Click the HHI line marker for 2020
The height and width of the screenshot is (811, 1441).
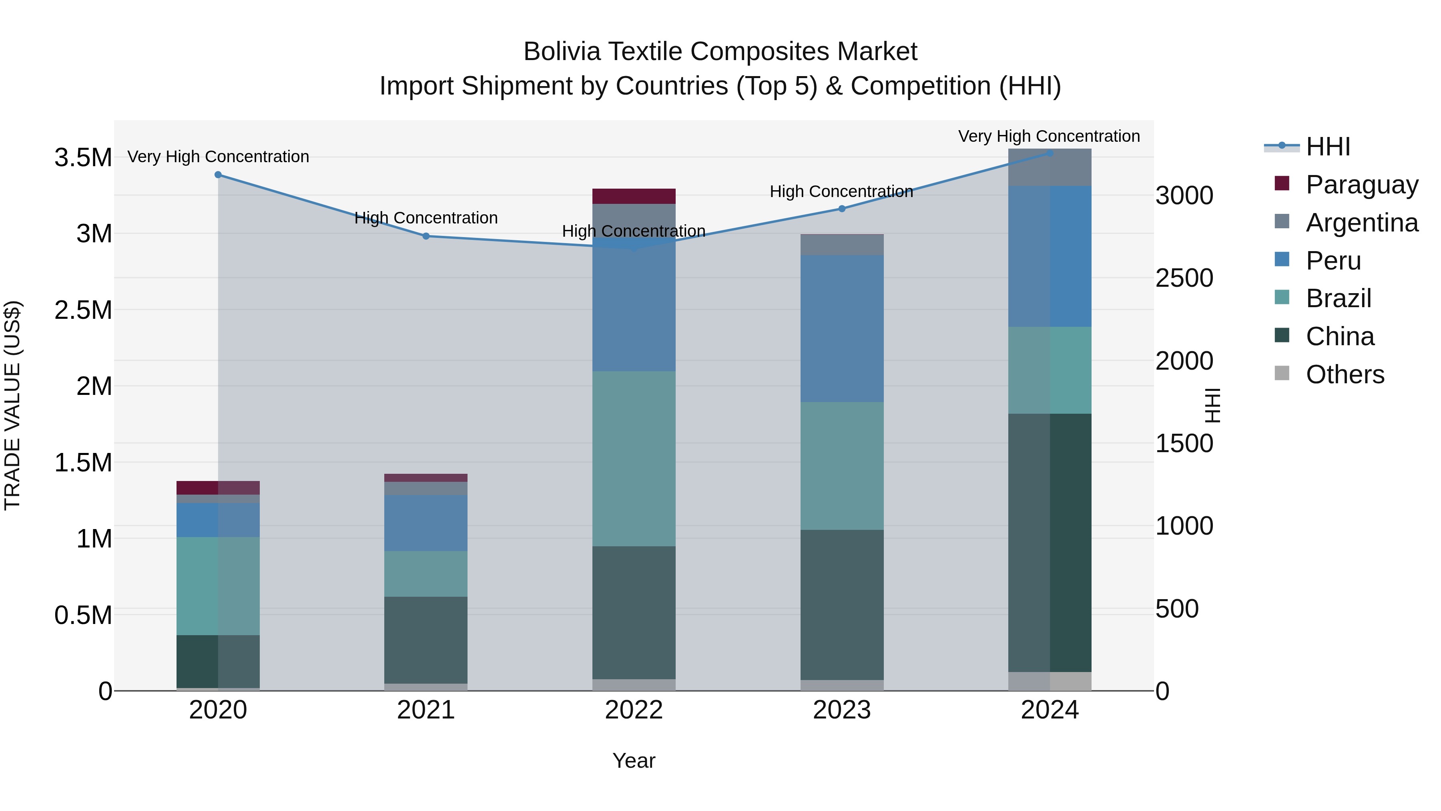218,175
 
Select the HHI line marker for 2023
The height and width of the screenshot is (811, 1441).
842,209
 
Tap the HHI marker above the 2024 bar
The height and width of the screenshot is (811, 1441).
1050,153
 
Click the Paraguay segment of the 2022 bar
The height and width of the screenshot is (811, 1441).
634,197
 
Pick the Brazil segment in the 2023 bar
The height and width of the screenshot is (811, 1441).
842,466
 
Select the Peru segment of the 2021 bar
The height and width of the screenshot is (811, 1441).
426,523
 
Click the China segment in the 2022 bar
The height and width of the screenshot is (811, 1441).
634,612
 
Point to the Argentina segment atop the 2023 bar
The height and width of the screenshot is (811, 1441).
842,245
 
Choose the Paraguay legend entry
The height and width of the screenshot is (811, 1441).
1362,184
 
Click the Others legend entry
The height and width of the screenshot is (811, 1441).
1345,374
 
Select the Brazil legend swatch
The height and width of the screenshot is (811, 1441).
1282,298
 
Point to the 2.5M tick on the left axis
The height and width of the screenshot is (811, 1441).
83,310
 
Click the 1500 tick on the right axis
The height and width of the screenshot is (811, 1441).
1184,443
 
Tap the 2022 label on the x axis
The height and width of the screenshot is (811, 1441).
634,710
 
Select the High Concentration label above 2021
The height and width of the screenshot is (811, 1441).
426,218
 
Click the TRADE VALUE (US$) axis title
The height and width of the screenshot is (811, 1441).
12,405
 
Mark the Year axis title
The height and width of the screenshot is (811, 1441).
634,761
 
